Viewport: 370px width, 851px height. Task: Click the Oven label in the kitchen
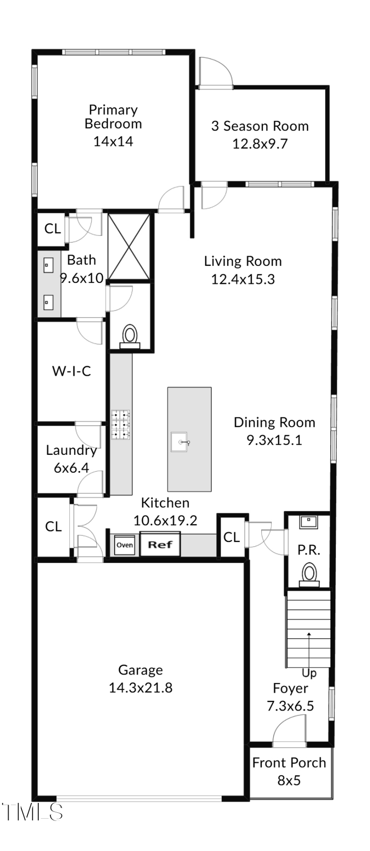[124, 545]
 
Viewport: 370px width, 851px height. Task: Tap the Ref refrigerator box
[160, 544]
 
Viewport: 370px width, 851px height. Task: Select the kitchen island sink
[179, 442]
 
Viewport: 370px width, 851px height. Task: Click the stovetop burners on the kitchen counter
[120, 424]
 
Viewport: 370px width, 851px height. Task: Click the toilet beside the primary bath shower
[130, 337]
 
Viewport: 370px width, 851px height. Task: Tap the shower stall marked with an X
[129, 247]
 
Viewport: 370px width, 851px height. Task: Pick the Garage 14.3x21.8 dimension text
[141, 688]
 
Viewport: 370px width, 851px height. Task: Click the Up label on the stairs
[309, 673]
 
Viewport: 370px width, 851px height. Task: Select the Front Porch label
[289, 762]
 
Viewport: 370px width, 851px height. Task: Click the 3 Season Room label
[260, 126]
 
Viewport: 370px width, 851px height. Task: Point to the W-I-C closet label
[72, 371]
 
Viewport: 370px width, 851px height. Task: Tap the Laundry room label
[71, 450]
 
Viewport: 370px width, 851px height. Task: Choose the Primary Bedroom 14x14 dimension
[113, 141]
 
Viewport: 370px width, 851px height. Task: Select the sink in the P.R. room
[308, 522]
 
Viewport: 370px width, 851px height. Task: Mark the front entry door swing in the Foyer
[290, 731]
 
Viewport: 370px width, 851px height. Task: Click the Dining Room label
[274, 422]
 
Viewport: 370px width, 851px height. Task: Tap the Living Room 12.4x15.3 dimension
[243, 279]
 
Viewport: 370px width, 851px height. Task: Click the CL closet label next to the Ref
[232, 537]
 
